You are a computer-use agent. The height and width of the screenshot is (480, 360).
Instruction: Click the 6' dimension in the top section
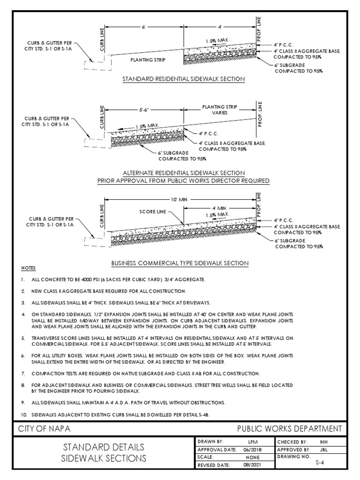click(x=144, y=27)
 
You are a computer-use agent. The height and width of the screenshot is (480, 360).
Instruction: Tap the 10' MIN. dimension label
click(x=180, y=200)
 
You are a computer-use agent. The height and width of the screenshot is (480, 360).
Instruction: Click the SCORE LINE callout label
click(x=152, y=212)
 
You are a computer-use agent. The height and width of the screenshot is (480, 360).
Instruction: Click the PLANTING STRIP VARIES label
click(x=216, y=110)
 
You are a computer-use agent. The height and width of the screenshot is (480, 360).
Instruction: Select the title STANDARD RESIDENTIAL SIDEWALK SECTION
click(x=183, y=79)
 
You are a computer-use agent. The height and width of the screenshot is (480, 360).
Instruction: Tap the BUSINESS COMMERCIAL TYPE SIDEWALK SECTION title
click(x=180, y=263)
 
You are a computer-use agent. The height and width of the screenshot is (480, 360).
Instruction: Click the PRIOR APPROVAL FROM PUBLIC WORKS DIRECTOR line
click(x=183, y=180)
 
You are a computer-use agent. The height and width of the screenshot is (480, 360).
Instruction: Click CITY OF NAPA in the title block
click(x=45, y=429)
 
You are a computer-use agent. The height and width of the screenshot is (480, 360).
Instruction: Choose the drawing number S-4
click(x=318, y=461)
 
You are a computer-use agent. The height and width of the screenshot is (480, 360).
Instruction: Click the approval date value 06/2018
click(x=252, y=449)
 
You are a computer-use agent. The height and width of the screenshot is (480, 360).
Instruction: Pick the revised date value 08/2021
click(x=252, y=465)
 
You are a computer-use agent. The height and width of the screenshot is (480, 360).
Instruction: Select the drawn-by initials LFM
click(x=252, y=442)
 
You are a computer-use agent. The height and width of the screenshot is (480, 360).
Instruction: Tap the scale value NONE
click(x=252, y=457)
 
